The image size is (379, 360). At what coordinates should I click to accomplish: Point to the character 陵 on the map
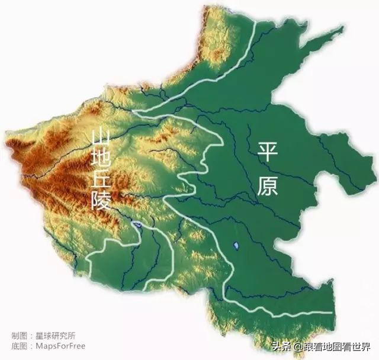tap(101, 201)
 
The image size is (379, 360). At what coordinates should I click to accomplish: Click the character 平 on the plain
tap(267, 152)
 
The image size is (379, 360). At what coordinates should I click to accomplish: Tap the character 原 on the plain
tap(268, 185)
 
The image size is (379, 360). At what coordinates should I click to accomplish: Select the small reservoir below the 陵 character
tap(137, 224)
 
